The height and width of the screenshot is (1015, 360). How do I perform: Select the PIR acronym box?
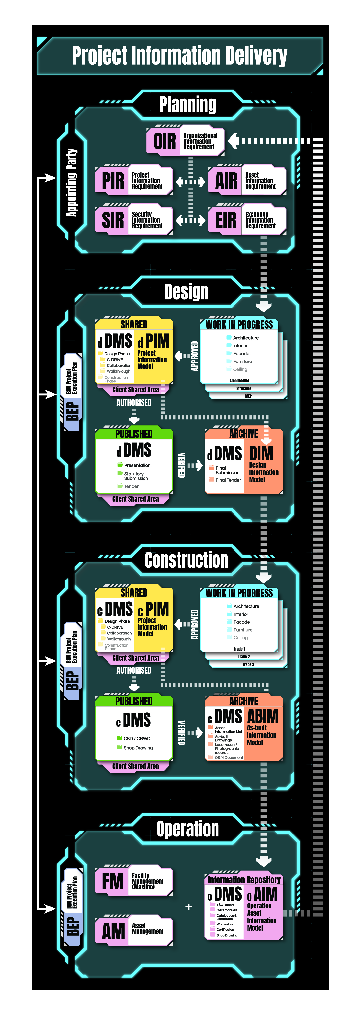[x=113, y=181]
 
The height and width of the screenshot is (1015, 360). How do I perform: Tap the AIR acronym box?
[x=226, y=181]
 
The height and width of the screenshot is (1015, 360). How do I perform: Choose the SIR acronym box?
[x=113, y=220]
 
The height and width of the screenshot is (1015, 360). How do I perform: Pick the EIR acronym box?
[x=226, y=220]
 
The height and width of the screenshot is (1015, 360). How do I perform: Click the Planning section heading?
[x=187, y=104]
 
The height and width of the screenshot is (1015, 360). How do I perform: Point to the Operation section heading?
[x=187, y=829]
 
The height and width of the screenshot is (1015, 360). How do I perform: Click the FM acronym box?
[x=113, y=881]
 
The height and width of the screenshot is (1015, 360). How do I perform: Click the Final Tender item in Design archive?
[x=228, y=480]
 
